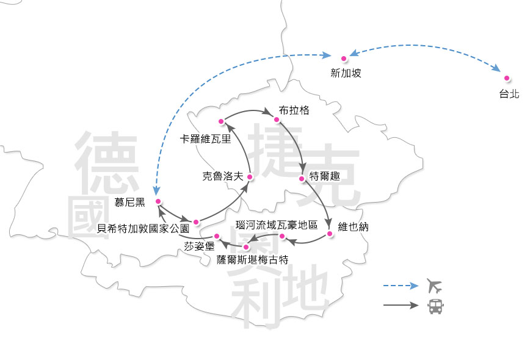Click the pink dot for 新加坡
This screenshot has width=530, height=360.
coord(344,59)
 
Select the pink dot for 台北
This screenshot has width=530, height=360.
coord(506,78)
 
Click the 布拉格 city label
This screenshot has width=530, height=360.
coord(294,110)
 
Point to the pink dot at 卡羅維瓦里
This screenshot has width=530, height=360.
coord(221,121)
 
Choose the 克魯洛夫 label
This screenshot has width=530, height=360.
coord(223,176)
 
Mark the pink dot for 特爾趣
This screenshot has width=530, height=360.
coord(302,179)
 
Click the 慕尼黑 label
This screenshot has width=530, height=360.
coord(130,202)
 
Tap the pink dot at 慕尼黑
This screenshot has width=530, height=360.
coord(158,201)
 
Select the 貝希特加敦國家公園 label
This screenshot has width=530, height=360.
coord(143,229)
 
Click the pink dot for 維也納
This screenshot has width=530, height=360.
coord(329,234)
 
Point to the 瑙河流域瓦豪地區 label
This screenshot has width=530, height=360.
coord(277,225)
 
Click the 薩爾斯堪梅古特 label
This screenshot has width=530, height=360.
coord(252,259)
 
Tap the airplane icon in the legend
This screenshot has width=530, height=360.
coord(434,286)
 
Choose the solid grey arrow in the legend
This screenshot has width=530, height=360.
coord(401,306)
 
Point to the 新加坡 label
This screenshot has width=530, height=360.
coord(346,73)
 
